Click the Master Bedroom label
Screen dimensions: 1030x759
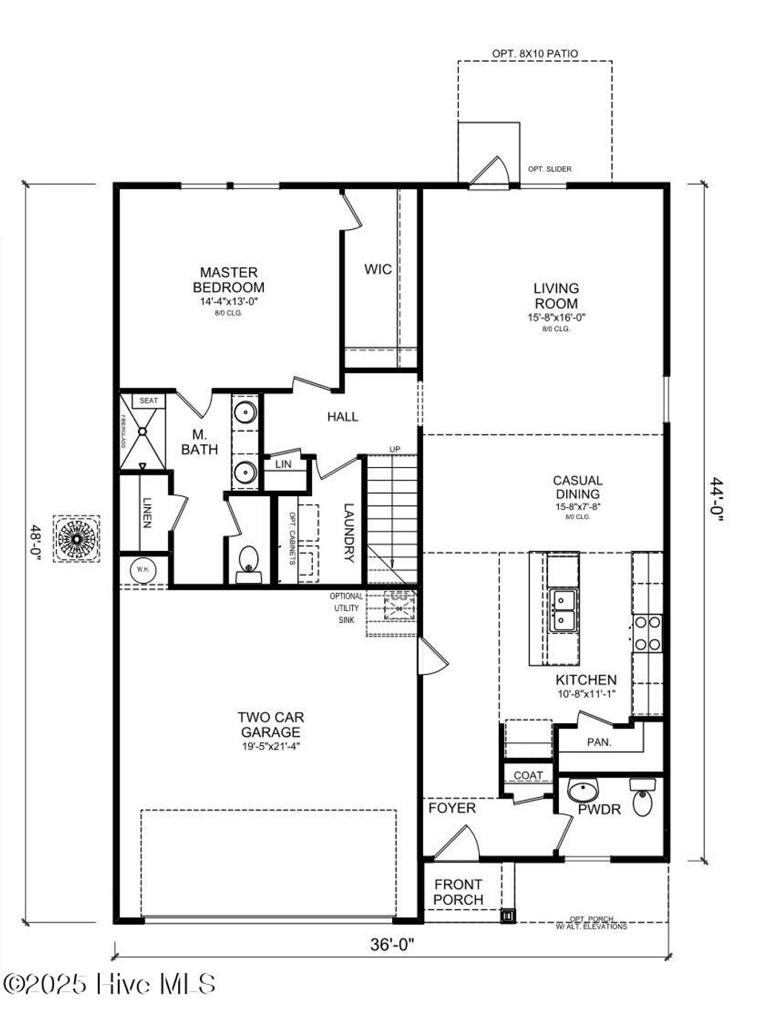228,280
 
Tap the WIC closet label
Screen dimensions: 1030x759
378,269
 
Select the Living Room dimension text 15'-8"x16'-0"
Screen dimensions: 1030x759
556,317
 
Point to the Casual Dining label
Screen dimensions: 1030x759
577,487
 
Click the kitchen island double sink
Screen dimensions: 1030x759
564,610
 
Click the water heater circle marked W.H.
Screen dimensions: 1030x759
142,570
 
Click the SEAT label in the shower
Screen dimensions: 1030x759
149,400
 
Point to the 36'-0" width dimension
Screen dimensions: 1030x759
392,945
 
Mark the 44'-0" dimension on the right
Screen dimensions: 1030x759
716,501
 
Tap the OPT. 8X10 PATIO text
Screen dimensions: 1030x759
534,54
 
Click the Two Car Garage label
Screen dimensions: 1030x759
271,724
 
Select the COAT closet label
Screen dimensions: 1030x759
528,776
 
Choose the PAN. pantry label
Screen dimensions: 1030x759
599,742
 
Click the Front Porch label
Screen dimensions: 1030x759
458,891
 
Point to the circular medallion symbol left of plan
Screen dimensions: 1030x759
76,539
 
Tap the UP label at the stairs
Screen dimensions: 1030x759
395,449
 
